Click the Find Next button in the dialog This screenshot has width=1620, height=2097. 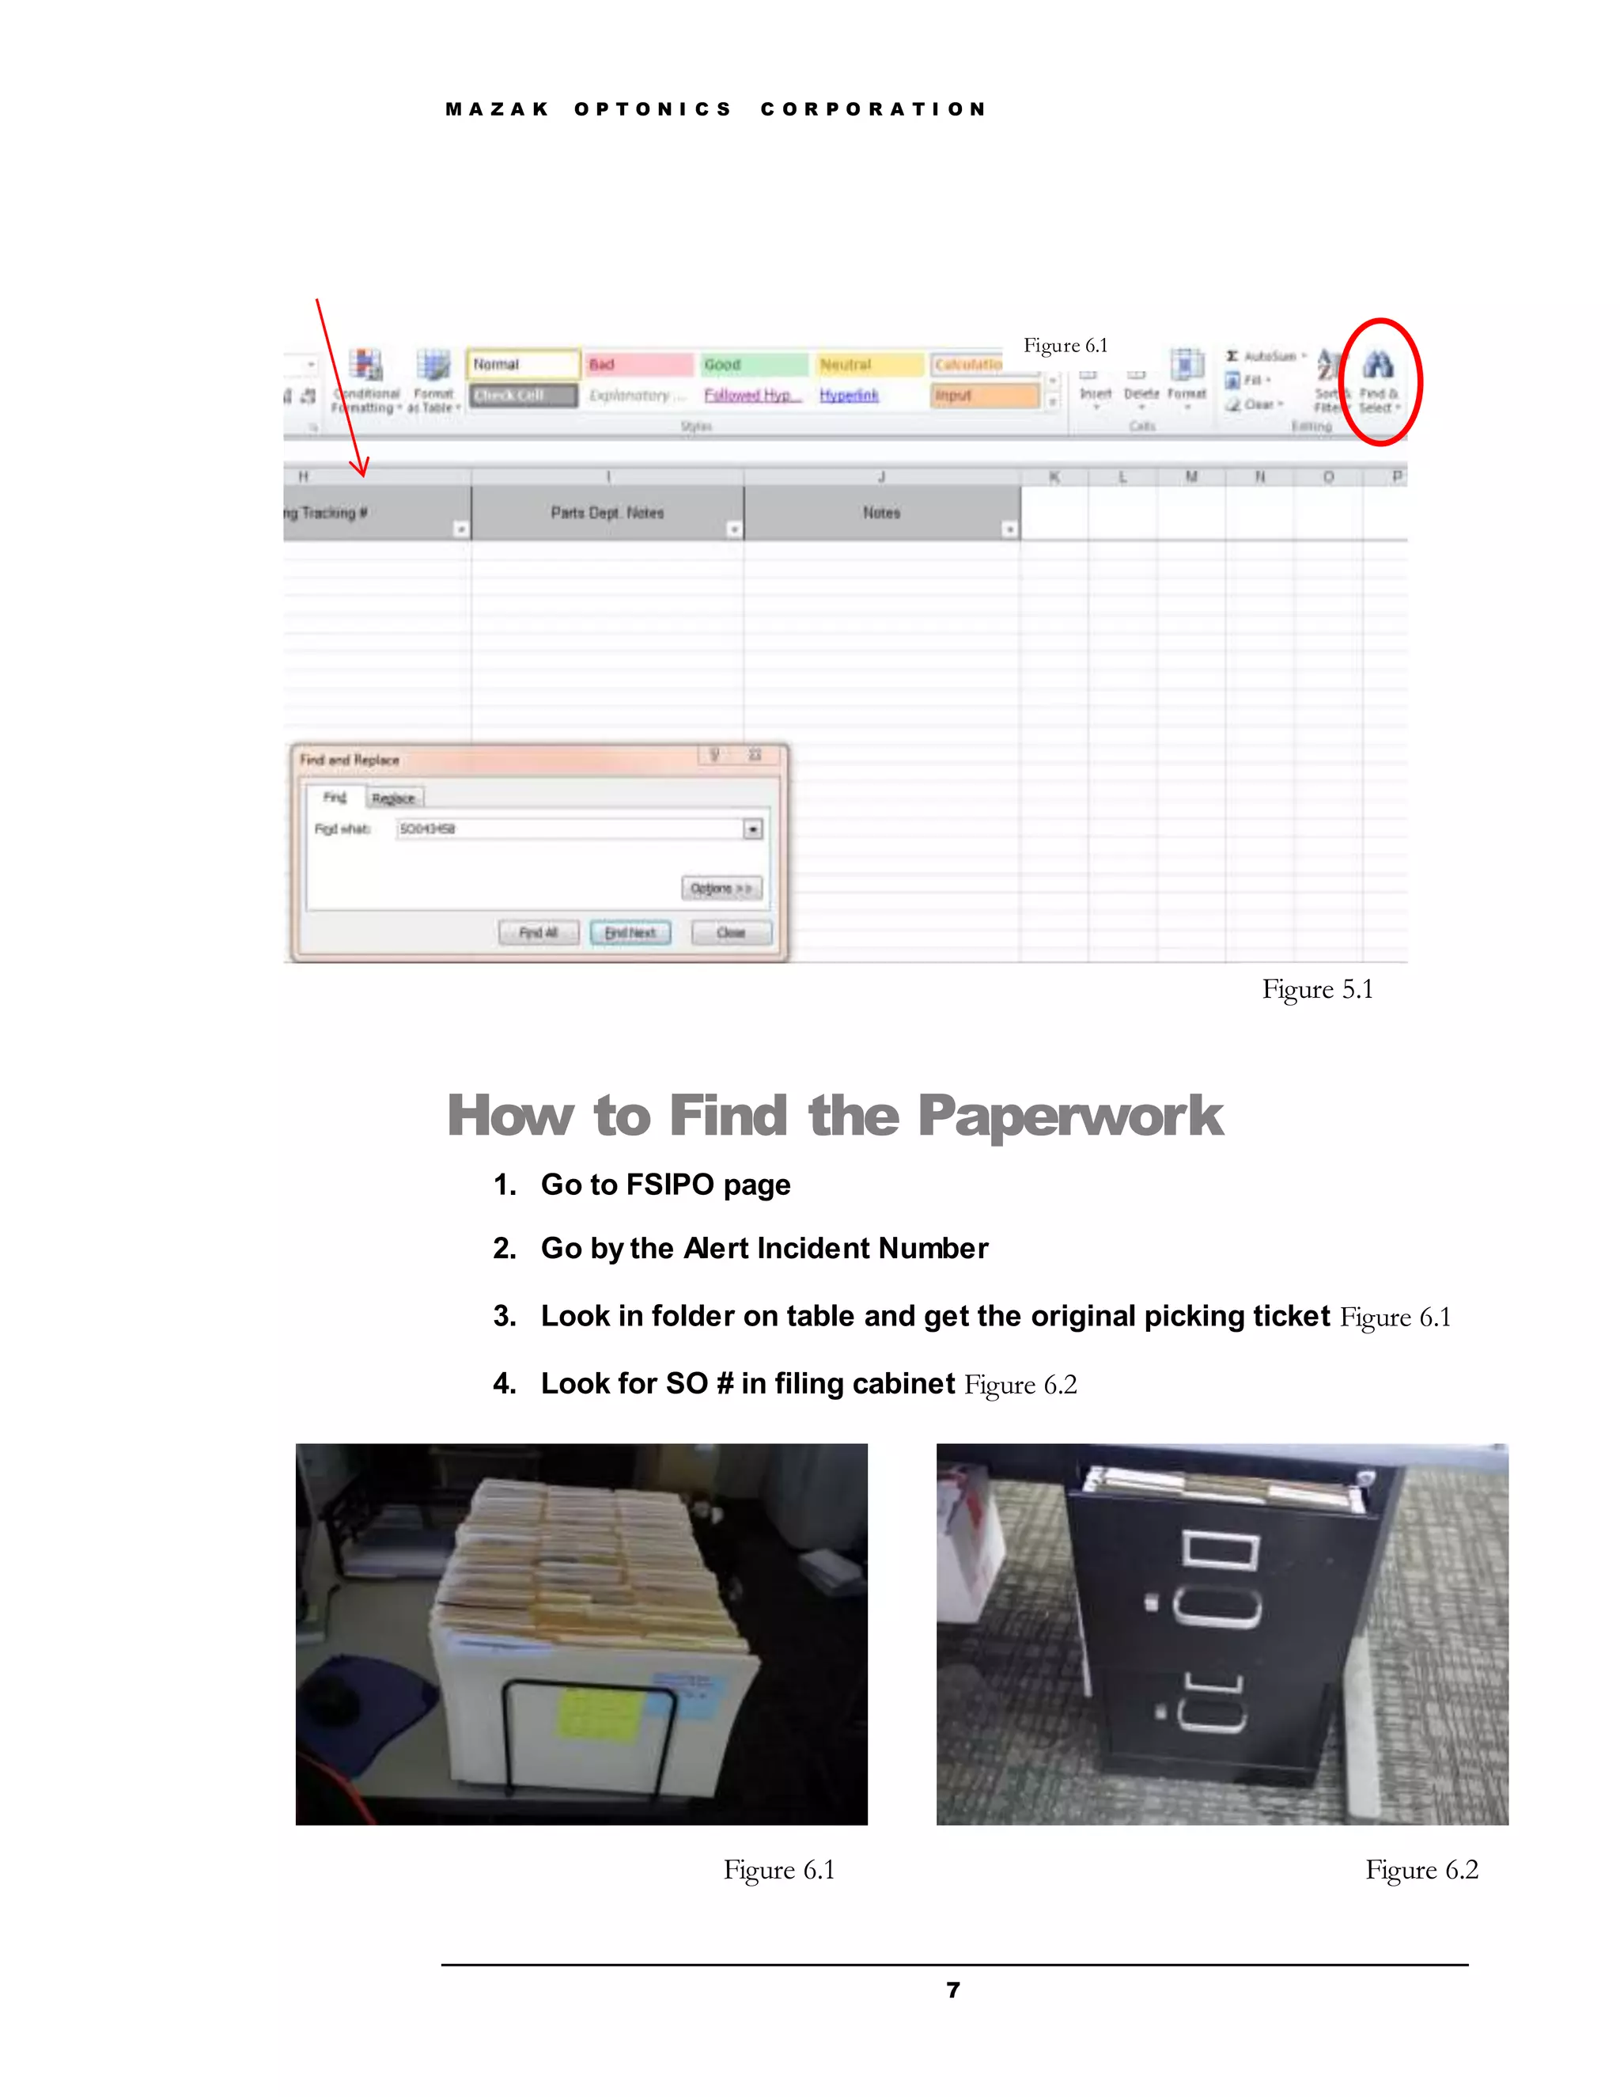click(630, 932)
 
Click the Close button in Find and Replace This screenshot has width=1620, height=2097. click(730, 932)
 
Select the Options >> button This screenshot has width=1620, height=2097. click(721, 888)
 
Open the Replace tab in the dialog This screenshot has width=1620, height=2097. click(393, 798)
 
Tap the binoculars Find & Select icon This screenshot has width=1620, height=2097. click(1378, 365)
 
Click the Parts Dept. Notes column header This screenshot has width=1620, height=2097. click(607, 513)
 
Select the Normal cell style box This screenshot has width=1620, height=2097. click(523, 364)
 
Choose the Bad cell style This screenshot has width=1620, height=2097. click(638, 364)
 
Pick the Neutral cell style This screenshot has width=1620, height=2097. click(868, 365)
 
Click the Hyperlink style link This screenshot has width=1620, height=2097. click(849, 395)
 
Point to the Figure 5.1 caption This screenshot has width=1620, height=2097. click(1317, 989)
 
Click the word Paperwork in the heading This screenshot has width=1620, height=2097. click(1069, 1116)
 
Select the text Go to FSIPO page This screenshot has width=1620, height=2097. click(665, 1185)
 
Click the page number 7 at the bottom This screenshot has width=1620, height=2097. click(952, 1990)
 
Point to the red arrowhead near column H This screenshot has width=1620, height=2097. click(361, 469)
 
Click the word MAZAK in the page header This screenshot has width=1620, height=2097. click(496, 109)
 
